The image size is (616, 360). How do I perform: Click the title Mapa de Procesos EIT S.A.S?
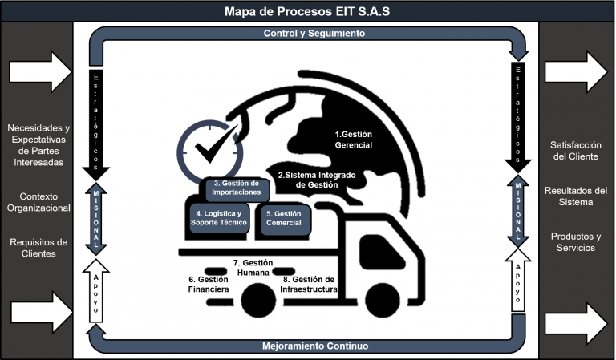308,10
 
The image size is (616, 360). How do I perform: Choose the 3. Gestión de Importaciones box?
237,188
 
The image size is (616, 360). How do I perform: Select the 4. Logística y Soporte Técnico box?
219,218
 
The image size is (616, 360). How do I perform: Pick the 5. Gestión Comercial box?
283,218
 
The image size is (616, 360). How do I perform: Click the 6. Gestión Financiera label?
209,284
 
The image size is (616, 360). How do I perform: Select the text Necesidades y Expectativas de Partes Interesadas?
38,144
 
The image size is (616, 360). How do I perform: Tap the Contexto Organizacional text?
38,202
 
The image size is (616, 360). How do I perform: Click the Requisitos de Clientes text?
38,248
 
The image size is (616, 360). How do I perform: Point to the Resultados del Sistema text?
576,196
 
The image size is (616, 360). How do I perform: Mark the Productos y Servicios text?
576,242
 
